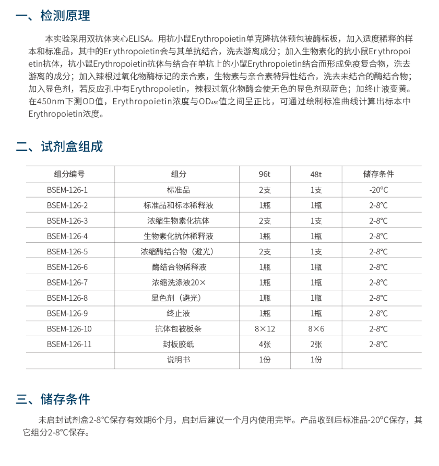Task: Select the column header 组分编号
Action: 69,174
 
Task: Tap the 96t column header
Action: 265,174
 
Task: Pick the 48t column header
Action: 316,174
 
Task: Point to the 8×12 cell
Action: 265,329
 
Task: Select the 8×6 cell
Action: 316,329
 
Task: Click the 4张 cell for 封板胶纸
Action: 265,344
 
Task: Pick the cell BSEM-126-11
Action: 69,344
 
